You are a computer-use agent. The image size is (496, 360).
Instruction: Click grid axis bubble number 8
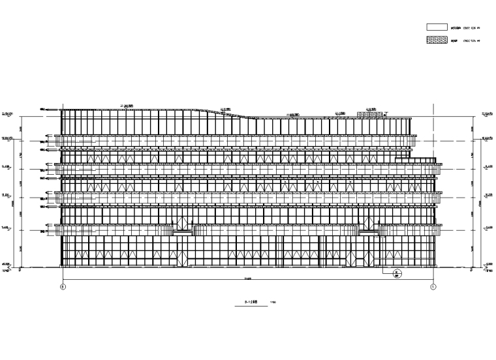tap(63, 286)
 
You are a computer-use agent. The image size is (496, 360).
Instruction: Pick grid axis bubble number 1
tap(433, 286)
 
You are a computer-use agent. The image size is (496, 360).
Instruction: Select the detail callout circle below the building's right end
tap(396, 274)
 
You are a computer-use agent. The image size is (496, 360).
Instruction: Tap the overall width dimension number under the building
tap(248, 278)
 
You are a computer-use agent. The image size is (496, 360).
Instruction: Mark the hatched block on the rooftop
tap(373, 114)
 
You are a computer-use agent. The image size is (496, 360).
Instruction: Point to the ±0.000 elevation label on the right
tap(488, 265)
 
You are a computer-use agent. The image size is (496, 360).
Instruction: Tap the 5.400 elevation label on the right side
tap(488, 227)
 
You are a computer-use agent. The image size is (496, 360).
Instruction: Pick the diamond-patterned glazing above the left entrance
tap(182, 226)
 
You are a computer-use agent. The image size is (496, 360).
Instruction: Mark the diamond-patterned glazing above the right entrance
tap(368, 225)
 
